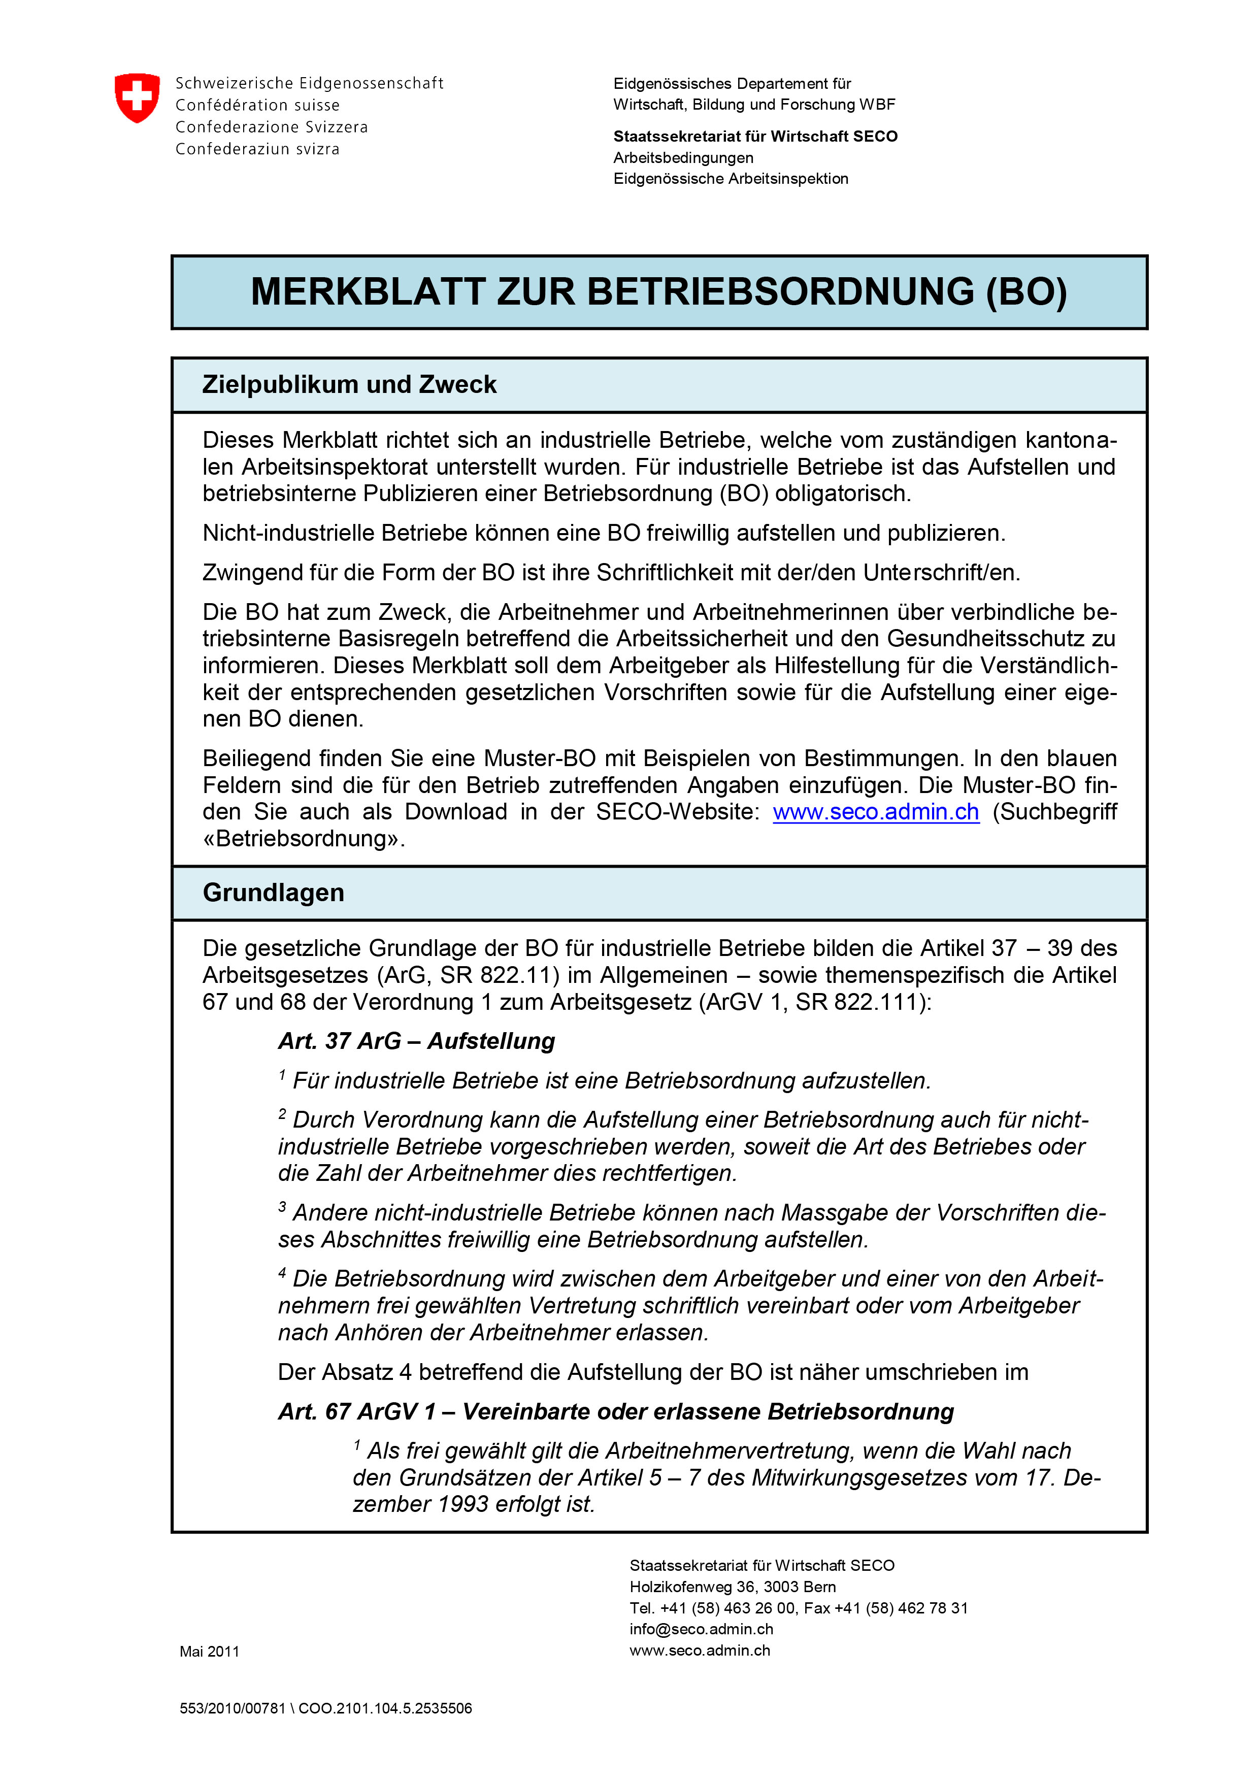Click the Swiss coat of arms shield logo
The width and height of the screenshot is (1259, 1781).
(137, 98)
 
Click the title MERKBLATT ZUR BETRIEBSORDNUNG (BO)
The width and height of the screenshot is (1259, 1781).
(658, 292)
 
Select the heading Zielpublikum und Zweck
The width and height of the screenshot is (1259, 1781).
(349, 385)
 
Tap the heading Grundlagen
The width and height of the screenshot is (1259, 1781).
(273, 893)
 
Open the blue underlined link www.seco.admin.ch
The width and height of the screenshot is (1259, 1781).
(876, 812)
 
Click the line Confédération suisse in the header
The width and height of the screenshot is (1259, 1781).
(257, 105)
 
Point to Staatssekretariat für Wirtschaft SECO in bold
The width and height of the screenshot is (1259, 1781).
(755, 137)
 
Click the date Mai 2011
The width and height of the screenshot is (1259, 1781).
(210, 1652)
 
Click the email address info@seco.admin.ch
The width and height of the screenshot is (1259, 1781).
(701, 1629)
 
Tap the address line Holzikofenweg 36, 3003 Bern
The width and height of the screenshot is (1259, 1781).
(732, 1587)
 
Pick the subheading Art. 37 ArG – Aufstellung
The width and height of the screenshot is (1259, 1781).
(417, 1041)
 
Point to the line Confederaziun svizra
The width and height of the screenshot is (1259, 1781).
(257, 149)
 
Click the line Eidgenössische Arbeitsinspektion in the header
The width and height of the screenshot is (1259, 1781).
(731, 178)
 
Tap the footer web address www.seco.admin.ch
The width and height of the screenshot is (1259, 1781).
(700, 1651)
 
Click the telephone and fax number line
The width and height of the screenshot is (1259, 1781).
(798, 1608)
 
